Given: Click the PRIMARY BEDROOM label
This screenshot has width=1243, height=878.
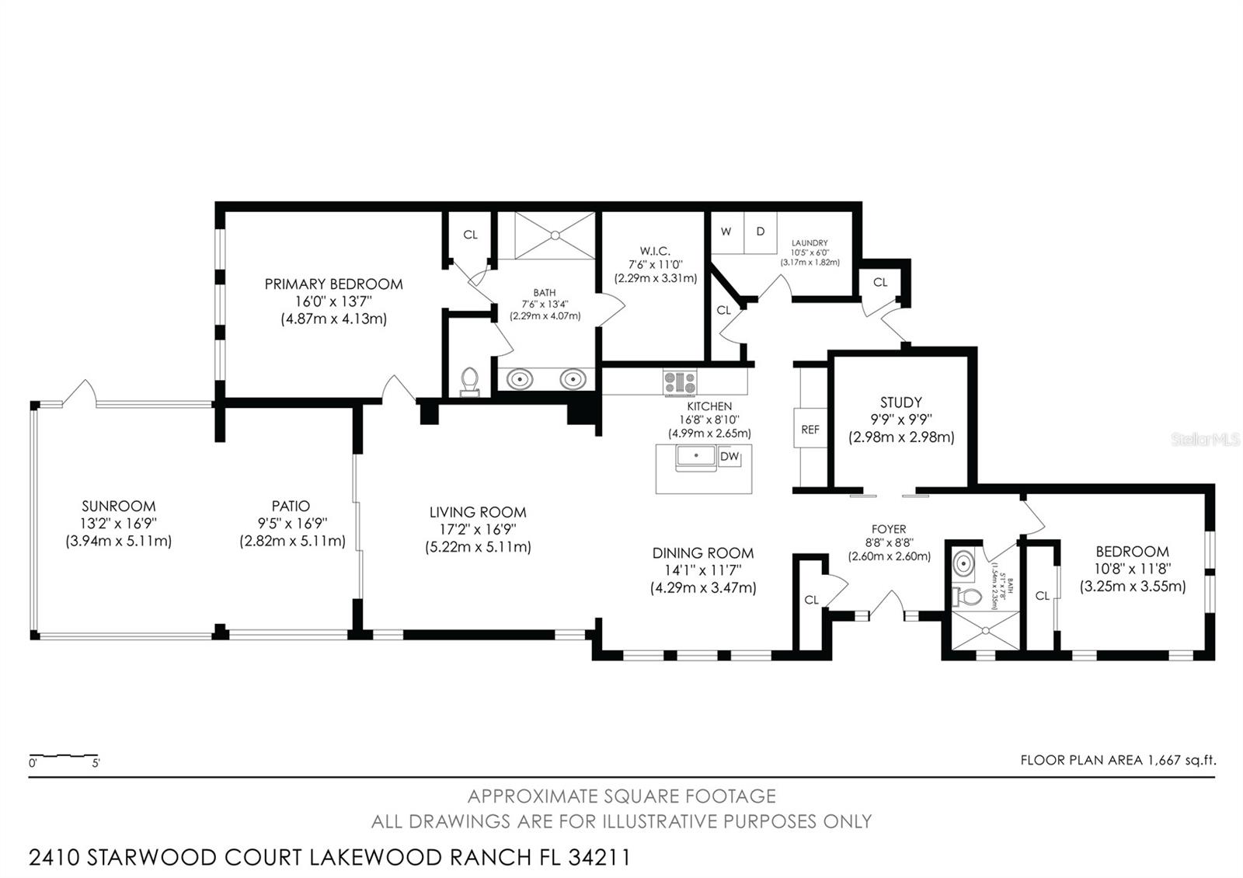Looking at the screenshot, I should pos(333,284).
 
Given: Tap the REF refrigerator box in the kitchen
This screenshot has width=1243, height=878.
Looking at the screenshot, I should pos(810,430).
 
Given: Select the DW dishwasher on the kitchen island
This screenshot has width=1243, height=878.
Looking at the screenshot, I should pos(729,457).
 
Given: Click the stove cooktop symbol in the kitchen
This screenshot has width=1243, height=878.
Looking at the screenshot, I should pos(680,382).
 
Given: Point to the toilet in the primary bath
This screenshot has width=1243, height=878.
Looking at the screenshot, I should pos(469,382).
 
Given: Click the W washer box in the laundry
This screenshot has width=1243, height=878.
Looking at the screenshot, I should pos(726,232).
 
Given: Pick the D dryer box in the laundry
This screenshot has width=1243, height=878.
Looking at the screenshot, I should pos(761,232).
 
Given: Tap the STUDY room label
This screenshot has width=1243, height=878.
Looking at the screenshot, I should pos(900,402).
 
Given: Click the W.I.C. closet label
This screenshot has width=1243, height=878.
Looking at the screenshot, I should pos(655,251).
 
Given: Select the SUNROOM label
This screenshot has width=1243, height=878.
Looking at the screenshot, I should pos(118,507).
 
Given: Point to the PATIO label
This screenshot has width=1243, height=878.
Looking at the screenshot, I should pos(291,507).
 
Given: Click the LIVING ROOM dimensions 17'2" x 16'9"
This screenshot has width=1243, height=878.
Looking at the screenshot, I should pos(477,530).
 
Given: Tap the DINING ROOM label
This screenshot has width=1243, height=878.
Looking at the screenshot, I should pos(702,553).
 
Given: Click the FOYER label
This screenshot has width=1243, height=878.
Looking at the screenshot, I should pos(889,530).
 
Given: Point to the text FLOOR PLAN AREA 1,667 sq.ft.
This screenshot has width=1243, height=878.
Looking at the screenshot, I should pos(1117,760).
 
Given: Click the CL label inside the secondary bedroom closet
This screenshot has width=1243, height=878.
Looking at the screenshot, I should pos(1042,596).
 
